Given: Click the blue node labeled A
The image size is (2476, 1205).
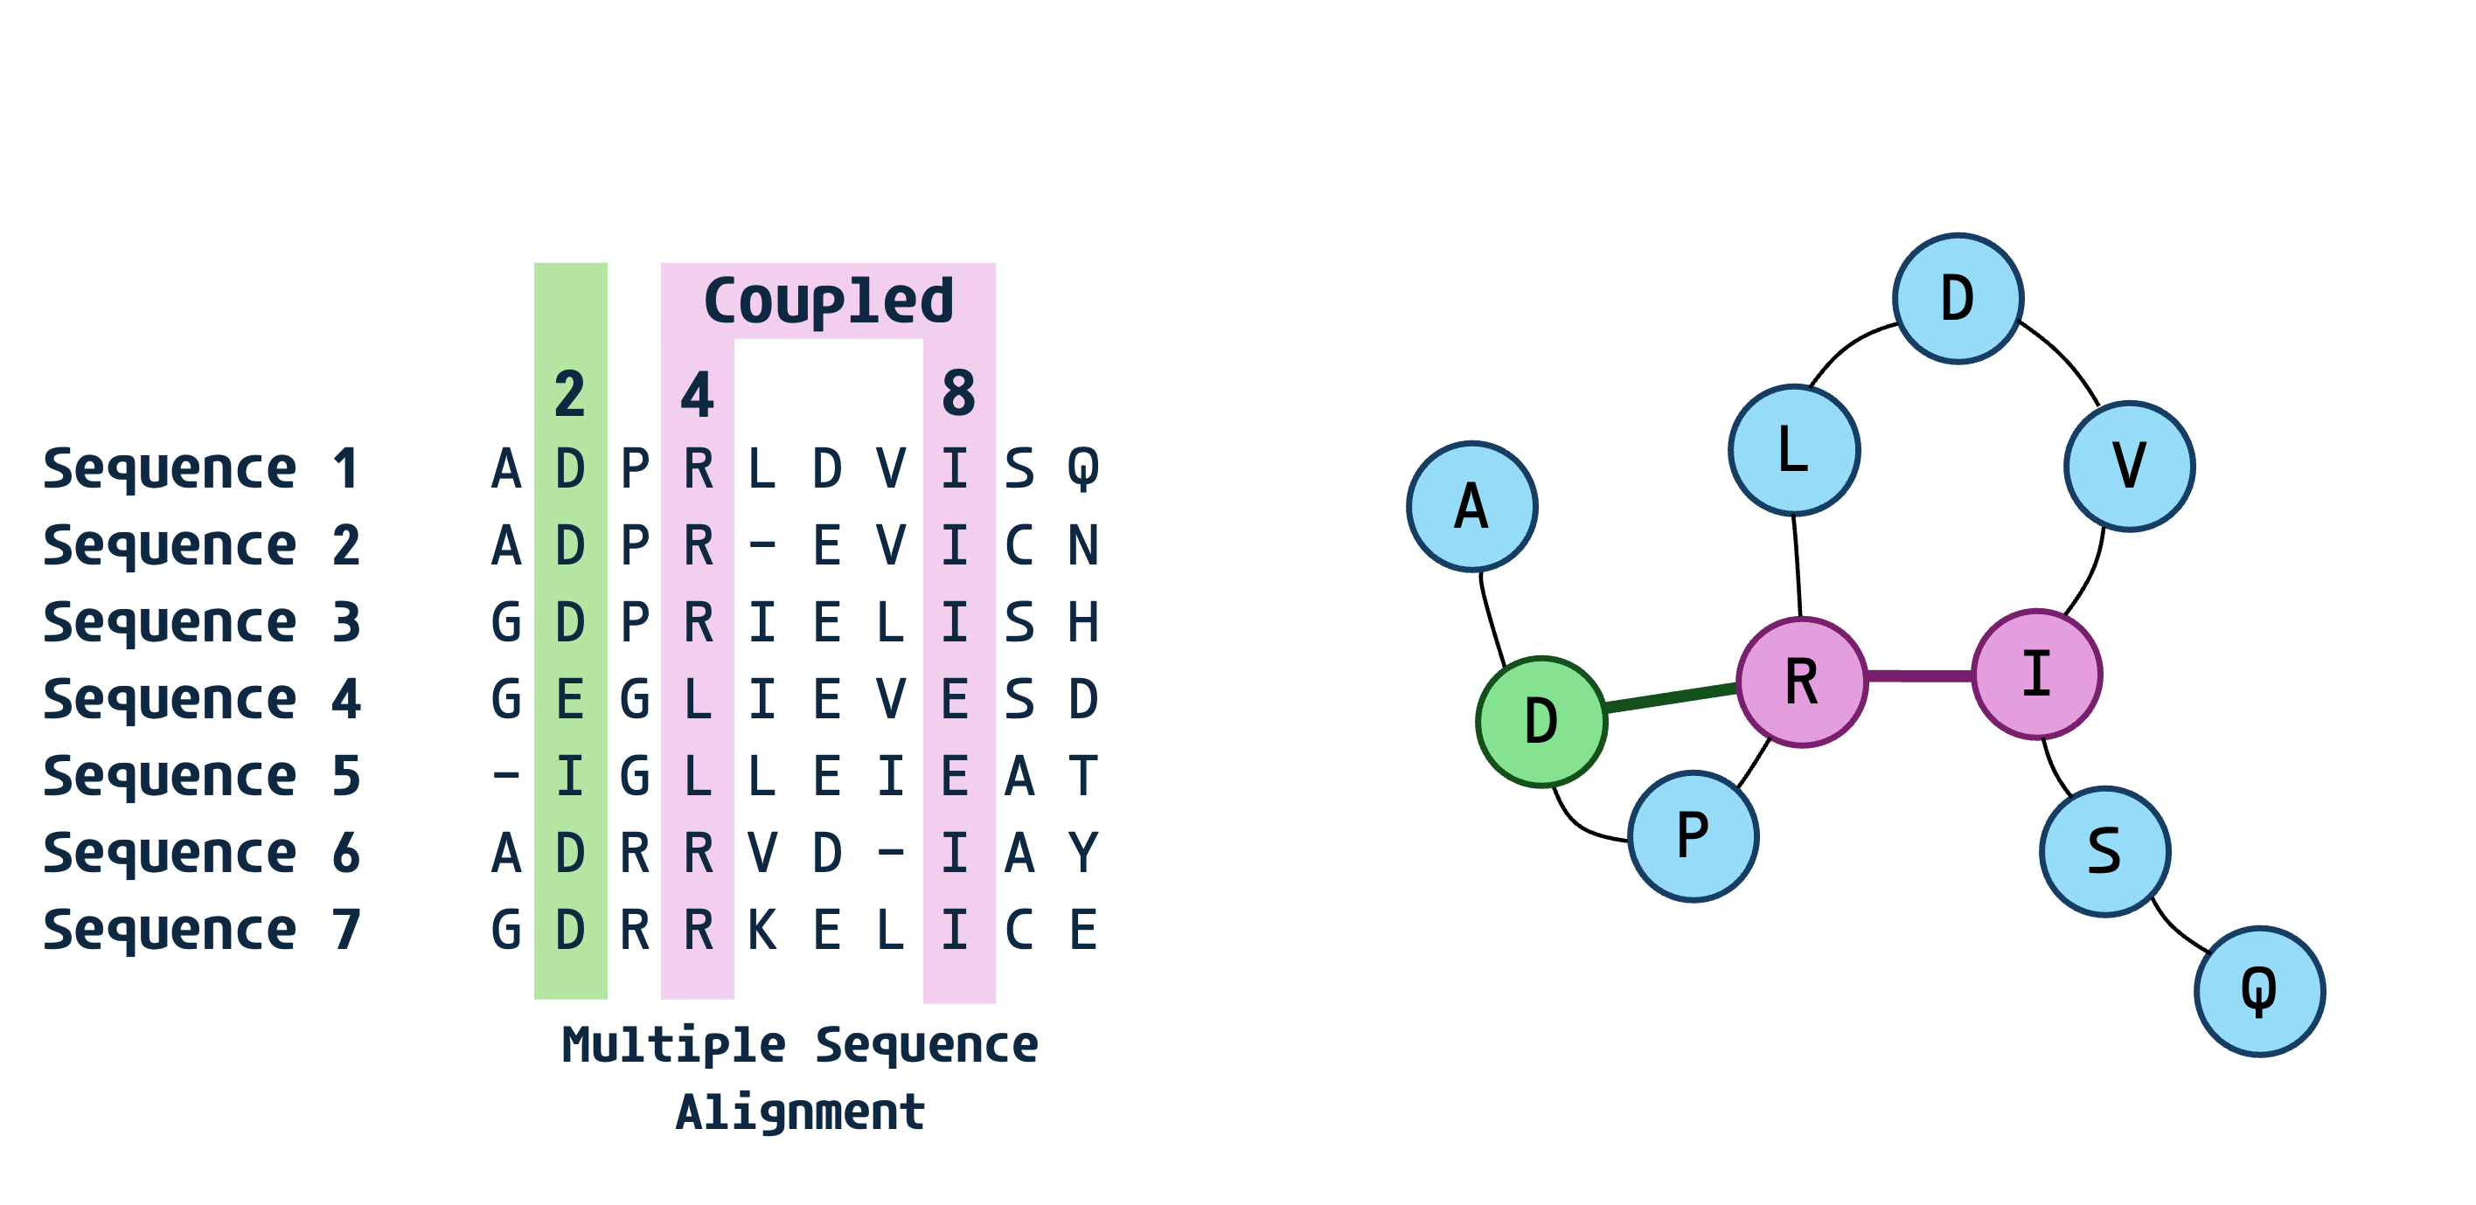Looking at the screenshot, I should click(1471, 507).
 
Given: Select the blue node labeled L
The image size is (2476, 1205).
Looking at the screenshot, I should click(1793, 450).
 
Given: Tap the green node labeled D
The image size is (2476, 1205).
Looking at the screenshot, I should click(1541, 721).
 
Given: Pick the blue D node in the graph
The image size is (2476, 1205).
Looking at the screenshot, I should click(1958, 298).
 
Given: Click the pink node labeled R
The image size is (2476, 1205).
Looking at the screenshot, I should click(1801, 682).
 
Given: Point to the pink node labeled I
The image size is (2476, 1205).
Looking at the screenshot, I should click(2037, 674).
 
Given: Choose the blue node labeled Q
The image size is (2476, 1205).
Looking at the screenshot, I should click(2259, 991).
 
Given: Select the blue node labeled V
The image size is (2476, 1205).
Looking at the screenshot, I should click(2129, 466).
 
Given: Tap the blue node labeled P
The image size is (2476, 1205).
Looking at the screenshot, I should click(1693, 835).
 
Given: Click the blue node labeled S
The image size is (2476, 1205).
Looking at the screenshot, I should click(2104, 851).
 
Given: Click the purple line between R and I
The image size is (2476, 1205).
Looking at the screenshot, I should click(1919, 676).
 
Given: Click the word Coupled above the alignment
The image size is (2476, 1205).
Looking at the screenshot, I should click(829, 301).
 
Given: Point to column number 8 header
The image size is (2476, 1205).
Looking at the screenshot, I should click(958, 394).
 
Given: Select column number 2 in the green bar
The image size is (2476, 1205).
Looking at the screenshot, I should click(570, 394).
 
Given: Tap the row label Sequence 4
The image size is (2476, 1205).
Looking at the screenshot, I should click(202, 698).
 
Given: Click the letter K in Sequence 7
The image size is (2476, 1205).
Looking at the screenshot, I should click(762, 930).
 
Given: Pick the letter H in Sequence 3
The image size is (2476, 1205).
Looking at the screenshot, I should click(1083, 623).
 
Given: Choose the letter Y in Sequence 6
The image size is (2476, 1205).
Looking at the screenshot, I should click(1083, 854).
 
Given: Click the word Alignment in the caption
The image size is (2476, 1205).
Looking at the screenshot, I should click(800, 1112).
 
